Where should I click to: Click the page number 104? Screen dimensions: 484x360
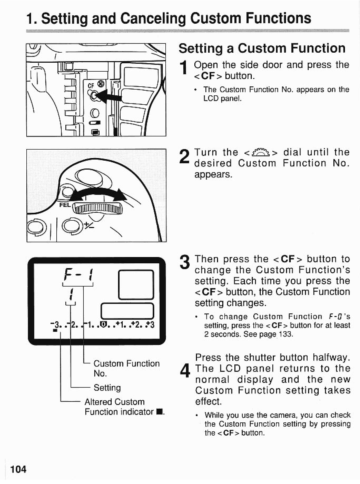click(x=18, y=469)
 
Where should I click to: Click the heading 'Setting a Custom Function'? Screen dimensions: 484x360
click(x=262, y=48)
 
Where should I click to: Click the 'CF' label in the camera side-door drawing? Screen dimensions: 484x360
click(x=91, y=86)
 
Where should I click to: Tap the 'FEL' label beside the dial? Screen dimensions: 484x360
click(x=65, y=205)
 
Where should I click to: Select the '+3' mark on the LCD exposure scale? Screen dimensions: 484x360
click(x=151, y=324)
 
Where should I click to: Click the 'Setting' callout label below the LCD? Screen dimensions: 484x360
click(x=107, y=388)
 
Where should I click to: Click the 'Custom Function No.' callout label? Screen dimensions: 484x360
click(x=126, y=368)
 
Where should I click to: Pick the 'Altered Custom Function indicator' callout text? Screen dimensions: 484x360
click(x=123, y=407)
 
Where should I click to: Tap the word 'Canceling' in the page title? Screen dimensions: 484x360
click(x=153, y=19)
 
